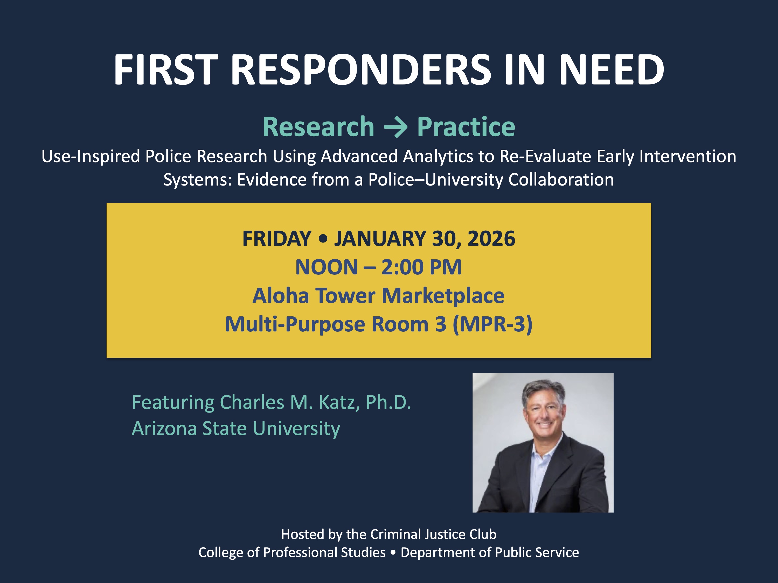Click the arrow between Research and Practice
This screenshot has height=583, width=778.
tap(396, 127)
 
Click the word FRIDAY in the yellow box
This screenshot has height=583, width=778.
tap(277, 239)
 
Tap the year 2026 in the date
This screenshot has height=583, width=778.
tap(491, 239)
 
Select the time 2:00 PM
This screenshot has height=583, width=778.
tap(421, 267)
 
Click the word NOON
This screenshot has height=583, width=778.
tap(327, 267)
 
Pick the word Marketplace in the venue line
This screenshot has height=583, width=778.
tap(443, 296)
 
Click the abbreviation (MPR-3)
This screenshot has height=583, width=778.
tap(492, 324)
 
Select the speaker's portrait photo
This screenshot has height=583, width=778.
tap(543, 443)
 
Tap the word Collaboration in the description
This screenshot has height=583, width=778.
tap(561, 180)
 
